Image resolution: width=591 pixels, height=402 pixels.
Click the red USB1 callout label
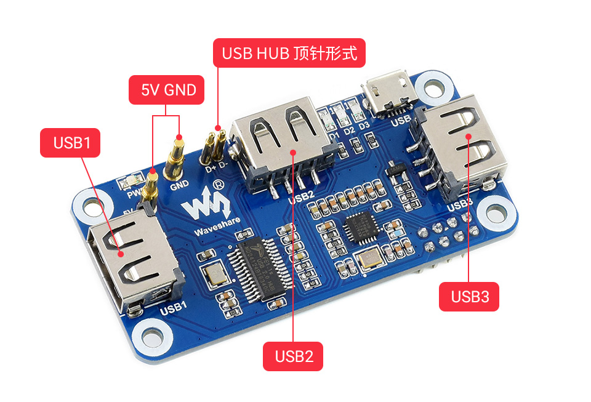72,143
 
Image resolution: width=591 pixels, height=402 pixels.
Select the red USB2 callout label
293,356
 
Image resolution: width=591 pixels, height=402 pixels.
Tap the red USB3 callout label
469,297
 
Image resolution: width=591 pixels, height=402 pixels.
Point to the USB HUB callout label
289,54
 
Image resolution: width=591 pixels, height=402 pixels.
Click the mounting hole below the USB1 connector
150,337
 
